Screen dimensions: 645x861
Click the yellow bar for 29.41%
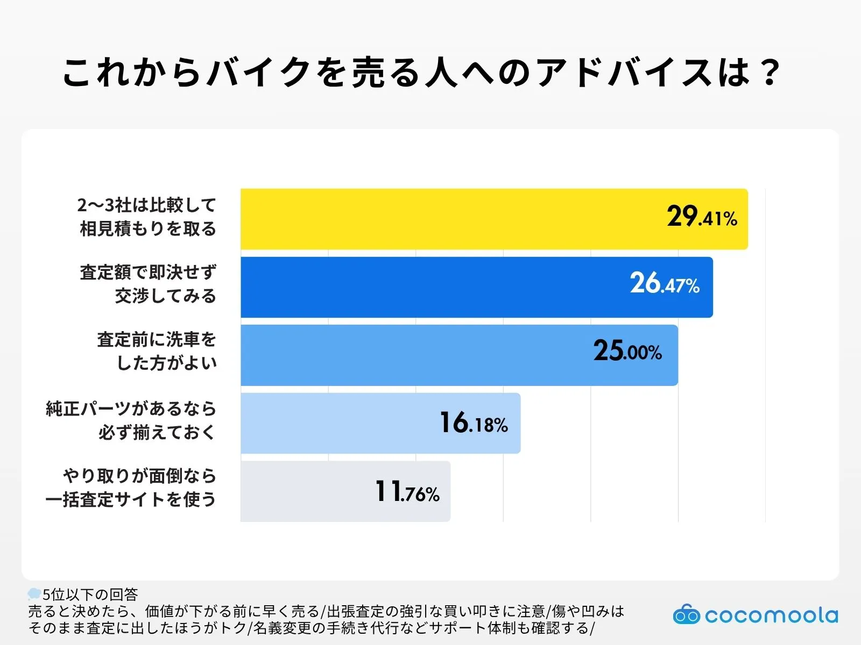452,219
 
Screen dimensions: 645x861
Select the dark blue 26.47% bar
430,287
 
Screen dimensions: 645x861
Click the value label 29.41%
702,217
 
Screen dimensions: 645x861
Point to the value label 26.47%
665,283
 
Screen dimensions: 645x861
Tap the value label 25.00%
627,351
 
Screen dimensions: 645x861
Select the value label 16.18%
474,423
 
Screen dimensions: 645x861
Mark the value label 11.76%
407,491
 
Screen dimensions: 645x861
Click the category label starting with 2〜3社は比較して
147,217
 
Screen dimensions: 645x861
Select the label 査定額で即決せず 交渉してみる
148,284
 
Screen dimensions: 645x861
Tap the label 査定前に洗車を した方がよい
157,351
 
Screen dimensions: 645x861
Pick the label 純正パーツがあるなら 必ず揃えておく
131,420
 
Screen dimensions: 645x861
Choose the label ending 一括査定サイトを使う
131,488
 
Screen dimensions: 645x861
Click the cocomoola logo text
771,615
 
